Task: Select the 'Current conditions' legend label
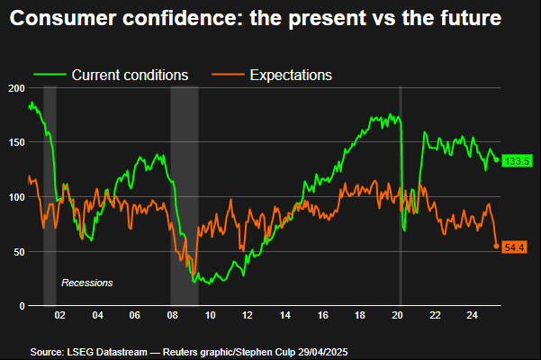[129, 75]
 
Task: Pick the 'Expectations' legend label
[291, 75]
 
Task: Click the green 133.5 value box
[516, 161]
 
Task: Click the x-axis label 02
[59, 316]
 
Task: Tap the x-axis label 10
[209, 316]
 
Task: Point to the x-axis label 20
[397, 316]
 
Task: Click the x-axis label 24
[472, 316]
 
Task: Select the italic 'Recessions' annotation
[86, 283]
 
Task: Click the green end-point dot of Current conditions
[496, 160]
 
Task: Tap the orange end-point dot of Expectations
[496, 246]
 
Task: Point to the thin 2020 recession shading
[400, 198]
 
